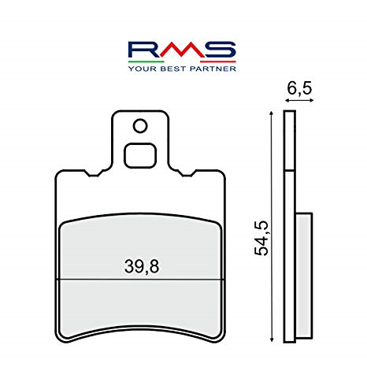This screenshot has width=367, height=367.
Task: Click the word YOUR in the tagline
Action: (x=143, y=69)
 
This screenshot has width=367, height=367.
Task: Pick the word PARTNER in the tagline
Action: (x=211, y=69)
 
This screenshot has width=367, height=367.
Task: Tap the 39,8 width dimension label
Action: (x=141, y=266)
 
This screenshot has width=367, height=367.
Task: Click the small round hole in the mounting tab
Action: (x=140, y=125)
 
